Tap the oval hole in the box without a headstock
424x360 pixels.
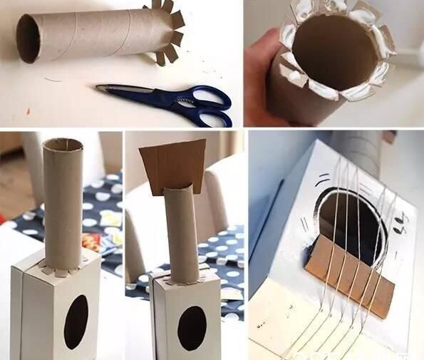[x=76, y=322]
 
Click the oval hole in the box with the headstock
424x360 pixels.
[x=192, y=328]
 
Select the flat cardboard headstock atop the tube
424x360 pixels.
[x=172, y=164]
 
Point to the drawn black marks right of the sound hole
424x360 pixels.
[x=401, y=227]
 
